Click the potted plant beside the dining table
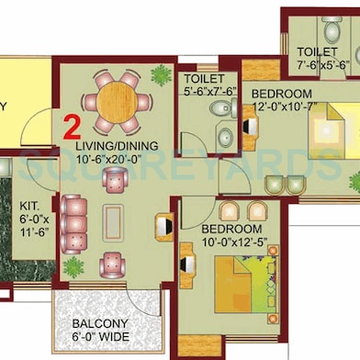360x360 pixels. [163, 73]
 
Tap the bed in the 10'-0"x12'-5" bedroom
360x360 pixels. [243, 285]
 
